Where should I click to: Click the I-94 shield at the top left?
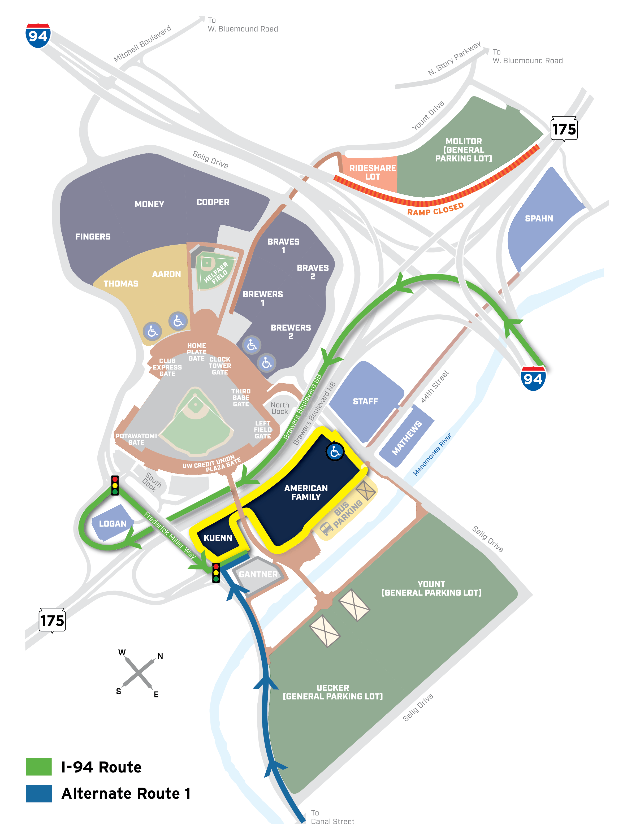pos(38,36)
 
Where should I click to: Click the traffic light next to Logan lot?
pos(115,485)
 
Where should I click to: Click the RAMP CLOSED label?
pos(435,209)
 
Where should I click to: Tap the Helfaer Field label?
pos(216,272)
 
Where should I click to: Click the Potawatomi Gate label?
pos(136,439)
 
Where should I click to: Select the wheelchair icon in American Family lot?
pos(335,451)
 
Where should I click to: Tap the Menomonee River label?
pos(432,454)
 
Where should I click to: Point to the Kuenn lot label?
pos(218,538)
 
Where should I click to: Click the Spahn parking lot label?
pos(539,219)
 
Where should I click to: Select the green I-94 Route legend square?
pos(39,766)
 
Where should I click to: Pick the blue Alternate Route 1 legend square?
pos(39,793)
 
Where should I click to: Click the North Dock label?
pos(280,408)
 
